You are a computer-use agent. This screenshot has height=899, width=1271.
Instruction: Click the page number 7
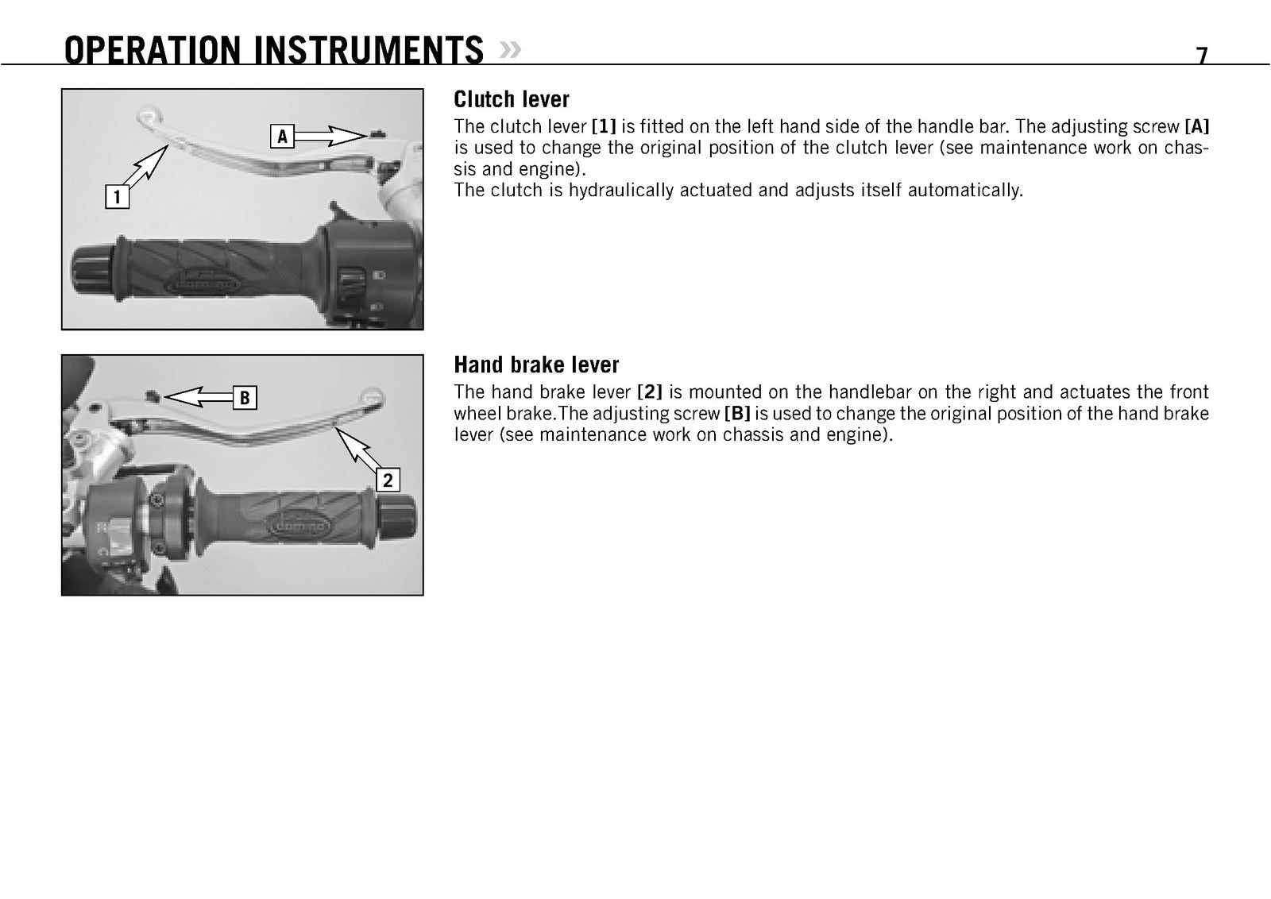pyautogui.click(x=1202, y=55)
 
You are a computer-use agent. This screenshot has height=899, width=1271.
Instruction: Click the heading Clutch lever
pyautogui.click(x=512, y=99)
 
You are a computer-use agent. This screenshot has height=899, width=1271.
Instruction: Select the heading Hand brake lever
pyautogui.click(x=536, y=365)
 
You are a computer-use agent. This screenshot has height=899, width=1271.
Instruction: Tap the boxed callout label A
pyautogui.click(x=282, y=136)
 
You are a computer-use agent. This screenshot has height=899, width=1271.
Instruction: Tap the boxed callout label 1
pyautogui.click(x=118, y=197)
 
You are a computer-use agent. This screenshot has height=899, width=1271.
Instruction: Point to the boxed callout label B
pyautogui.click(x=245, y=398)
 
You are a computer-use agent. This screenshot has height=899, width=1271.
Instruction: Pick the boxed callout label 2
pyautogui.click(x=388, y=480)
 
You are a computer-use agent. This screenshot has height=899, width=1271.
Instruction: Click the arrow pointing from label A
pyautogui.click(x=330, y=136)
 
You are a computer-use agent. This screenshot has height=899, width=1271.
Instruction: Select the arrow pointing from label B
pyautogui.click(x=199, y=396)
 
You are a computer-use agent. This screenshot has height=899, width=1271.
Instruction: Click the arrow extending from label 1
pyautogui.click(x=145, y=166)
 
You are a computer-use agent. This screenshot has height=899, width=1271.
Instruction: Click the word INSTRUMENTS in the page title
pyautogui.click(x=369, y=50)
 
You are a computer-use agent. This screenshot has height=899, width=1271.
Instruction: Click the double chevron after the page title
pyautogui.click(x=510, y=50)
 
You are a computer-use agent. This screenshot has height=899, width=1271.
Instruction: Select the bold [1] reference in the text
pyautogui.click(x=604, y=126)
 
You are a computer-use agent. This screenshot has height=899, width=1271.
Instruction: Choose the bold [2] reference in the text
pyautogui.click(x=650, y=392)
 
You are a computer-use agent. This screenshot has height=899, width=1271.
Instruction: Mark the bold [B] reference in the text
pyautogui.click(x=737, y=414)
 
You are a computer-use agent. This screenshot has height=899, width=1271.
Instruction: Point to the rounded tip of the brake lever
pyautogui.click(x=373, y=398)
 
